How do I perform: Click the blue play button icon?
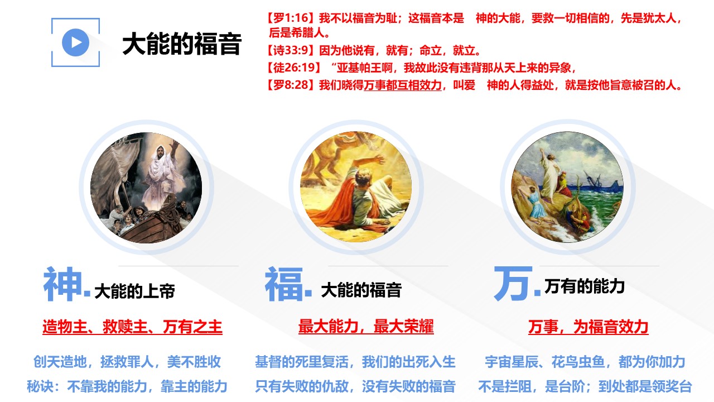(75, 42)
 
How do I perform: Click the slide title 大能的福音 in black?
(182, 44)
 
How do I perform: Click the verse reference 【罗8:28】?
(292, 85)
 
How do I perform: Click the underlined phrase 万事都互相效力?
(403, 85)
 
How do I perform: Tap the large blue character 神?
(63, 284)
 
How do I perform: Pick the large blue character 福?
(284, 284)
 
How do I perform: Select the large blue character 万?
(513, 284)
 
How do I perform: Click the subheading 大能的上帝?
(135, 291)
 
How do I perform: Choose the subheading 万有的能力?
(584, 286)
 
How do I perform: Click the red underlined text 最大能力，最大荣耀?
(366, 327)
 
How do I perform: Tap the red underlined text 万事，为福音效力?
(588, 327)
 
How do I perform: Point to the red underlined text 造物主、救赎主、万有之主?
(132, 327)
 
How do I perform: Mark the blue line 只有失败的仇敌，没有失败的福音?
(355, 386)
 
